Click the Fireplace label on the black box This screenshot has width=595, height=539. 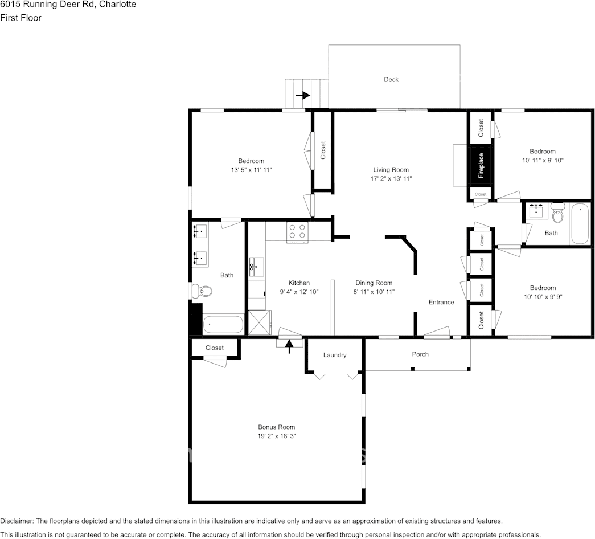coord(481,166)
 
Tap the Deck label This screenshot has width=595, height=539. coord(391,80)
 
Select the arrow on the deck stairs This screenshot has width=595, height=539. coord(302,95)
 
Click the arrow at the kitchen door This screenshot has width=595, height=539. coord(289,345)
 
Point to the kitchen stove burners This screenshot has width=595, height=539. coord(297,231)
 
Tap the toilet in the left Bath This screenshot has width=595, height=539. coord(202,291)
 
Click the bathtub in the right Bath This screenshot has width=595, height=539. coord(580,223)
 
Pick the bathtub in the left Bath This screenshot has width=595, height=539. coord(223,325)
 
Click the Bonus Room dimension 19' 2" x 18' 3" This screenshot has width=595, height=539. coord(277,436)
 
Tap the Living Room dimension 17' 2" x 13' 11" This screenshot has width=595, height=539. coord(391,178)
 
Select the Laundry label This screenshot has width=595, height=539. coord(335,355)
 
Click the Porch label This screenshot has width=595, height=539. coord(420,354)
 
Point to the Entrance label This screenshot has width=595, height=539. coord(441,302)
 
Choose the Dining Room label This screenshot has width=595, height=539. coord(374,283)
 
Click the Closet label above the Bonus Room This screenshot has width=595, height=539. coord(215,348)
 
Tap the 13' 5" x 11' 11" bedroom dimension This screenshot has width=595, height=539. coord(251,170)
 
